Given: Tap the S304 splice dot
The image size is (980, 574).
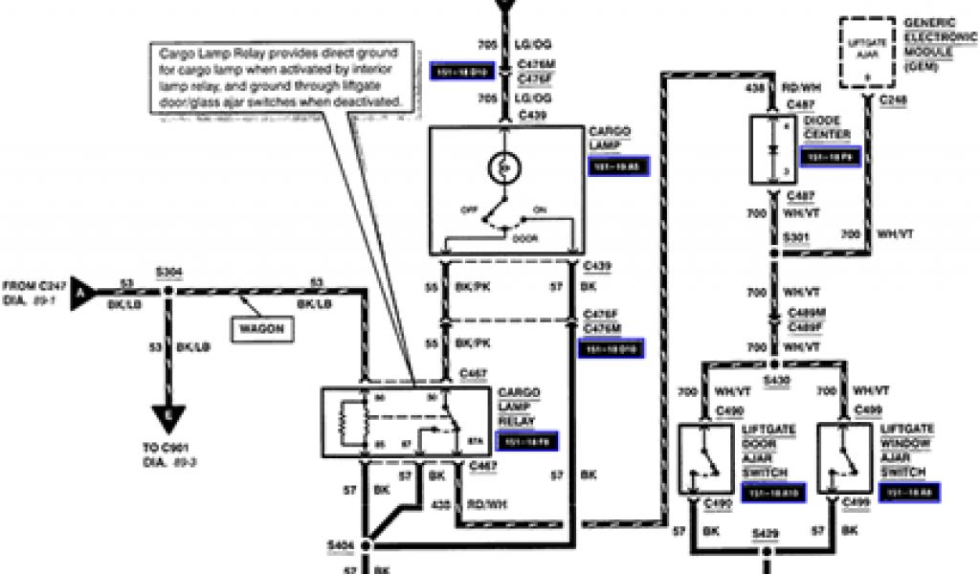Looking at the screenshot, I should click(x=168, y=289).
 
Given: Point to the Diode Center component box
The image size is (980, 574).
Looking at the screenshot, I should click(x=771, y=150).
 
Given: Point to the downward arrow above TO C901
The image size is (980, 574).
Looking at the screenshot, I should click(x=168, y=418).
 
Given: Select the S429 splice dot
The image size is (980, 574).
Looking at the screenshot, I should click(x=767, y=550).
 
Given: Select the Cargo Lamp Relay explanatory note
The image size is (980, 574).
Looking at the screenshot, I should click(x=283, y=76).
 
